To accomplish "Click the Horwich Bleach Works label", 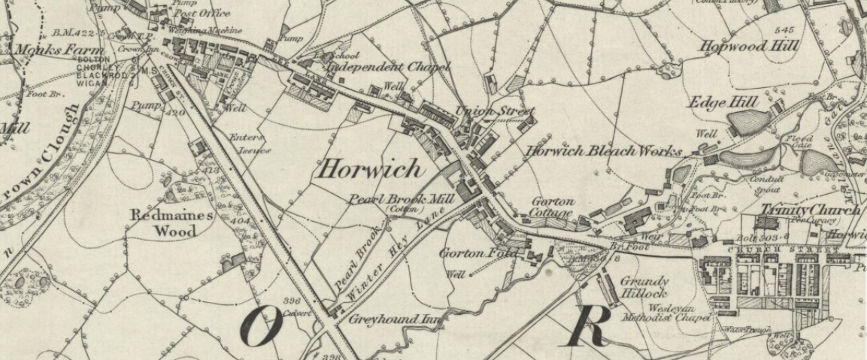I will coord(604,150).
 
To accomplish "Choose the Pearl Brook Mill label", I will coord(400,199).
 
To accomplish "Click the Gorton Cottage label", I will coord(553,207).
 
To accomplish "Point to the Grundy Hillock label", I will coord(644,287).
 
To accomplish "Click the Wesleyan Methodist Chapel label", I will coord(665,313).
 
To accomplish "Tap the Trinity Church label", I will coord(809,210).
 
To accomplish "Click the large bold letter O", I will coord(261,328).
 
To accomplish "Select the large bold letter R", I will coord(589,325).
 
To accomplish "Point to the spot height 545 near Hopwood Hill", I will coord(784,29).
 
